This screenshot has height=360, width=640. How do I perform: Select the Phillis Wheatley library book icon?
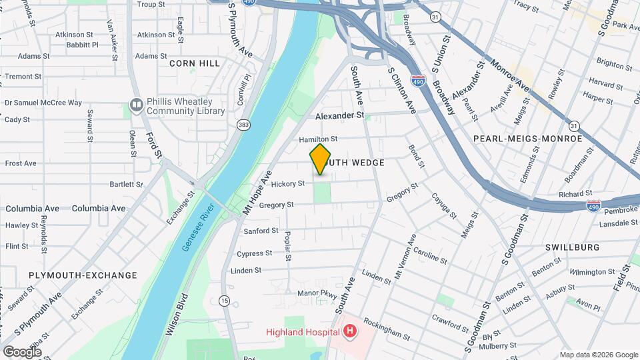click(x=136, y=105)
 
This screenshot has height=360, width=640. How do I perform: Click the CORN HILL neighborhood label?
click(x=195, y=63)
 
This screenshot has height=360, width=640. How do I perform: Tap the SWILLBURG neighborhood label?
click(x=572, y=247)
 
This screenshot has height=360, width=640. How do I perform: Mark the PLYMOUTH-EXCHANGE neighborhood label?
click(x=83, y=275)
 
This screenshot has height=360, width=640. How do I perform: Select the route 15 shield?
click(x=225, y=301)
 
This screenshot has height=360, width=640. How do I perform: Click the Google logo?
click(x=23, y=351)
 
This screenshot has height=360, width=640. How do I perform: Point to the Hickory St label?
click(x=288, y=183)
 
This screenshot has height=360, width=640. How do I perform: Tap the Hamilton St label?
click(x=318, y=139)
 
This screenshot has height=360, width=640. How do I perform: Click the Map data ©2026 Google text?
click(x=598, y=355)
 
